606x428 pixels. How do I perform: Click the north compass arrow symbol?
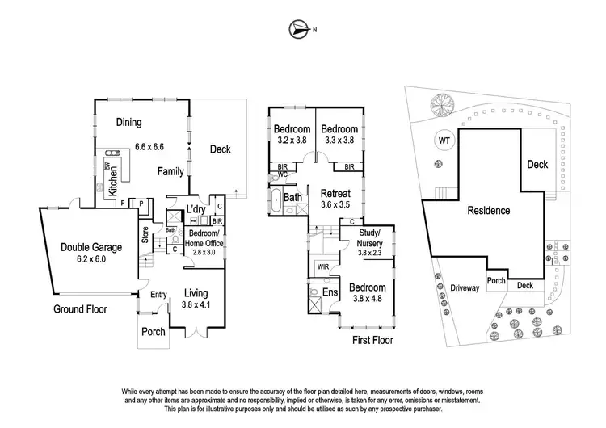tap(298, 31)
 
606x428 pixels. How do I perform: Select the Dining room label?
tap(128, 123)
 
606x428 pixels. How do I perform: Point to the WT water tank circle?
tap(444, 140)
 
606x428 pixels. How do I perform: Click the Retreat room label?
tap(335, 194)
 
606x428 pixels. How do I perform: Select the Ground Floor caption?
tap(81, 309)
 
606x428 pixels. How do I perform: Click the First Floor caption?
tap(372, 341)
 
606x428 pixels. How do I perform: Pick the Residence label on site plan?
tap(489, 211)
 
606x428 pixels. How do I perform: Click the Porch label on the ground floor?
tap(154, 332)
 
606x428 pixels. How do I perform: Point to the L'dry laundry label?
tap(196, 209)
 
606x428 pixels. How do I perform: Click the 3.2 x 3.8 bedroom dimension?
tap(292, 139)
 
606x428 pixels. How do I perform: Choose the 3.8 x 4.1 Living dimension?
tap(196, 305)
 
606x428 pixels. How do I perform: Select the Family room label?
tap(170, 171)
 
